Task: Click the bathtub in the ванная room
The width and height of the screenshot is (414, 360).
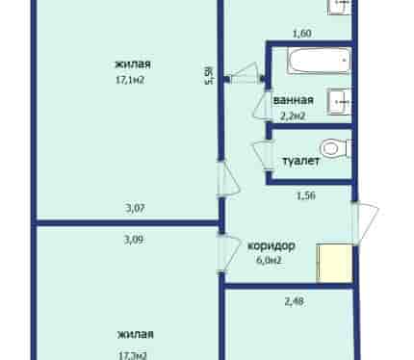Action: [x=319, y=61]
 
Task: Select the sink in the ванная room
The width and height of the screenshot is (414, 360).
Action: [x=339, y=101]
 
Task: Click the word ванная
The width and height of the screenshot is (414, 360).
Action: [x=293, y=100]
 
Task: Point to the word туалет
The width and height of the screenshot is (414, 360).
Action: [x=300, y=161]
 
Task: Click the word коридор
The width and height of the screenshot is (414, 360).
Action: [x=272, y=245]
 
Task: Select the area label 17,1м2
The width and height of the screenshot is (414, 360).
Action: [x=130, y=80]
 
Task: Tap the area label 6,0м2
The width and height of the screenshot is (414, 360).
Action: [x=269, y=260]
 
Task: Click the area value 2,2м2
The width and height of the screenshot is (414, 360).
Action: [x=293, y=116]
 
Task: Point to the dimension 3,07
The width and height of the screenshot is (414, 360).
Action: [x=135, y=208]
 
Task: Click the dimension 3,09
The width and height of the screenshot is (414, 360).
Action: [x=134, y=240]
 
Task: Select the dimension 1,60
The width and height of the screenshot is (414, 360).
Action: [x=302, y=34]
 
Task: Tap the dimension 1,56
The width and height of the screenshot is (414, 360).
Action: [x=306, y=195]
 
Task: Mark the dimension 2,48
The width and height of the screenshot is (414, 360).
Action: [x=294, y=301]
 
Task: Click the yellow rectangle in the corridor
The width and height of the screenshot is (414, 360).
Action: [x=335, y=263]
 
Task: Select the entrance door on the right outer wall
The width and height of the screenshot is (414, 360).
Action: [x=366, y=223]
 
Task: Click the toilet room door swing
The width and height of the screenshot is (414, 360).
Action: [x=263, y=156]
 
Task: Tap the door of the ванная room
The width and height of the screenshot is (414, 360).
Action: [x=262, y=105]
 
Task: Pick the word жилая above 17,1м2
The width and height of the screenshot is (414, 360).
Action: [x=133, y=64]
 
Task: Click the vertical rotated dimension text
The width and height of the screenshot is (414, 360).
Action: [x=210, y=75]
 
